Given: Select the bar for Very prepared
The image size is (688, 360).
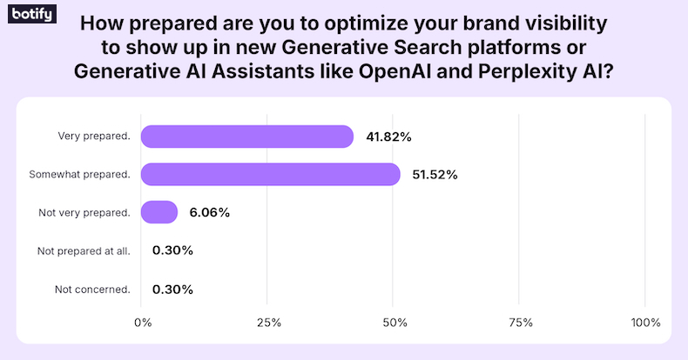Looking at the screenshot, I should [246, 137].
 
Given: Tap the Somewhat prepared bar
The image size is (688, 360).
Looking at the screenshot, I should [270, 175].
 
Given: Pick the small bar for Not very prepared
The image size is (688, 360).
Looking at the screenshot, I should [159, 212].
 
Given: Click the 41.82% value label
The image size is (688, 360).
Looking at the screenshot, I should [388, 137].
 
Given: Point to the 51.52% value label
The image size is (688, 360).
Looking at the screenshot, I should [434, 175].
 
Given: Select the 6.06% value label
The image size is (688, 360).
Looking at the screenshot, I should [209, 212].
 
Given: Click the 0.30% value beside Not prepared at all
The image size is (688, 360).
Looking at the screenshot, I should [172, 250].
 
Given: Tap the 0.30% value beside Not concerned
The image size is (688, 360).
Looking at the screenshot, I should [172, 289].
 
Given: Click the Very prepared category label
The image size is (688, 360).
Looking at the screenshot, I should [94, 137].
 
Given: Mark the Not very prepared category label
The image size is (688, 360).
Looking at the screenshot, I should [84, 212].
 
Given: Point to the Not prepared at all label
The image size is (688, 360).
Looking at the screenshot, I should [84, 250].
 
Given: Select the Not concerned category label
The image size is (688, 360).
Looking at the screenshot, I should [92, 289].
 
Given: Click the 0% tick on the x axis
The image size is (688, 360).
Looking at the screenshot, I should [143, 323].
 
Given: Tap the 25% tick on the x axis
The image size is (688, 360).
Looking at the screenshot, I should [268, 323].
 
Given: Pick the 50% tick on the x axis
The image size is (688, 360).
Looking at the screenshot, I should [395, 323].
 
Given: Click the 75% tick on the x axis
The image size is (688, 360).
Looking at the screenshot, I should [520, 323].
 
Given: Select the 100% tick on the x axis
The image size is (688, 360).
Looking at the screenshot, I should [645, 323].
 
